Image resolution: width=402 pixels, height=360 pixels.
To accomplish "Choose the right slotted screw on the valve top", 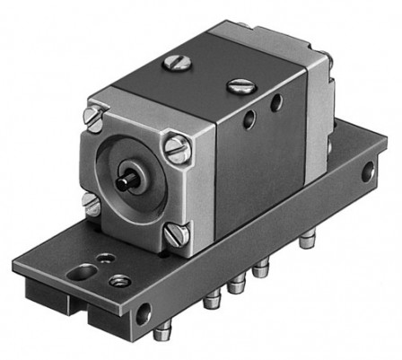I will point(238,86).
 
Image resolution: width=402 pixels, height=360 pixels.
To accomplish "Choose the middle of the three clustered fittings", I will point(237,286).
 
